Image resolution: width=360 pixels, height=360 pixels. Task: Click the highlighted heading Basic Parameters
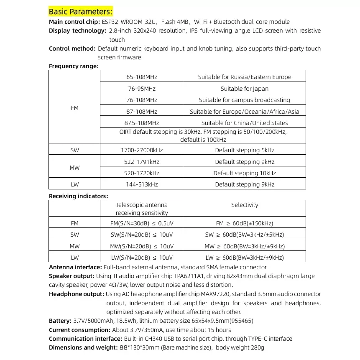(81, 11)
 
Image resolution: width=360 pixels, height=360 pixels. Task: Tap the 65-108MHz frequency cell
(142, 77)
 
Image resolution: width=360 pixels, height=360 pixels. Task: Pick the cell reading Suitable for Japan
(245, 89)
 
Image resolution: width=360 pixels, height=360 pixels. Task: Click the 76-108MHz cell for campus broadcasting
(142, 100)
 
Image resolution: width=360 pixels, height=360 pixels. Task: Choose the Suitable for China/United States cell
(245, 123)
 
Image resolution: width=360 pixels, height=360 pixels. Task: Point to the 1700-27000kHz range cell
(142, 150)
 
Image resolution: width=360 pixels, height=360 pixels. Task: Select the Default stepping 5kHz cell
(245, 150)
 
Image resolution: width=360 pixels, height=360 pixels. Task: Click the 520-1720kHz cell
(142, 173)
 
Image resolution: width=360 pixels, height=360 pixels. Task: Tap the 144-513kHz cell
(142, 184)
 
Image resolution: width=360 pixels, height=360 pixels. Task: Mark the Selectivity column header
(245, 205)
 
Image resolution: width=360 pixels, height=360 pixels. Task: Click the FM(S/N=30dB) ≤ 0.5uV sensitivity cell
(141, 223)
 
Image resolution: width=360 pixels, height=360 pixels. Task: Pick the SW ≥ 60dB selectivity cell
(245, 235)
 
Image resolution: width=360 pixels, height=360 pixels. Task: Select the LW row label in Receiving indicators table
(74, 258)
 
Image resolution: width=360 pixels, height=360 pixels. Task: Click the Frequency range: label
(74, 66)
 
